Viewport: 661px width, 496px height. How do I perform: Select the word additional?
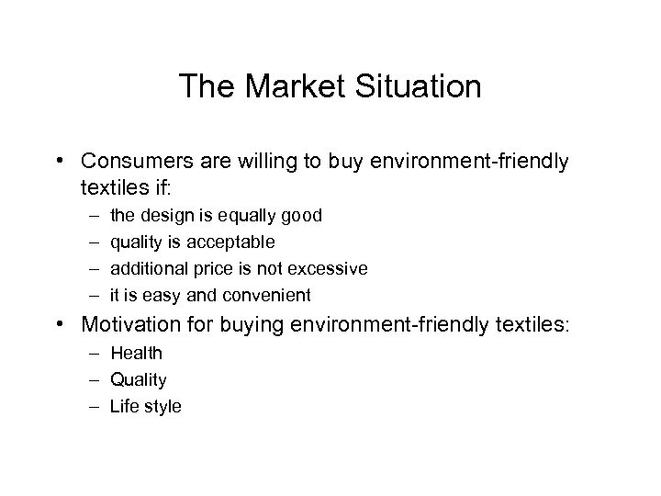point(146,268)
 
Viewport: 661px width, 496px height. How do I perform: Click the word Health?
point(136,353)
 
